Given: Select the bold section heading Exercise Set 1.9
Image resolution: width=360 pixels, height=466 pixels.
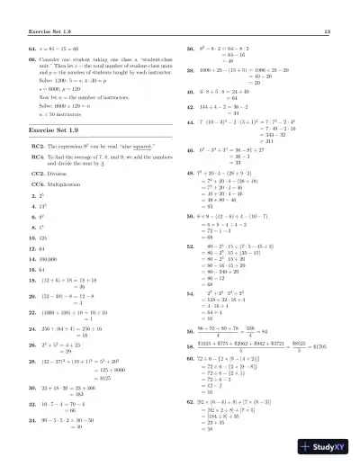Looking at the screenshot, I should tap(58, 130).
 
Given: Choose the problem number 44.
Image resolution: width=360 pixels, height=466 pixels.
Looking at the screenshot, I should tap(191, 120).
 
